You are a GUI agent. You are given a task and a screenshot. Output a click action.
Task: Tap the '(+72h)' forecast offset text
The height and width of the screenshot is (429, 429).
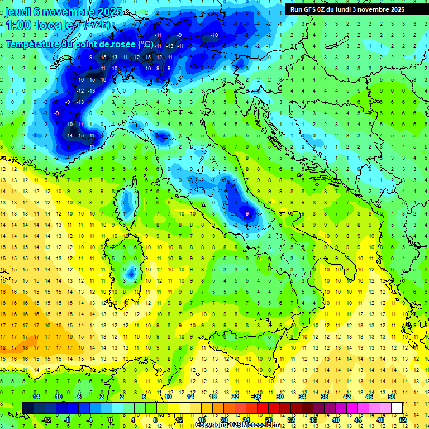[97, 25]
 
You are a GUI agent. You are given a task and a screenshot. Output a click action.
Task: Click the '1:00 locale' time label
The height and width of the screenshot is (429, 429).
[40, 25]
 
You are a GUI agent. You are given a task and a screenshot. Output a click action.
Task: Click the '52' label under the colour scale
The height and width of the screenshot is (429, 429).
[403, 420]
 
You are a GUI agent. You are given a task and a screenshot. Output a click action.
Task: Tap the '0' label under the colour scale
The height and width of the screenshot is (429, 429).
[111, 420]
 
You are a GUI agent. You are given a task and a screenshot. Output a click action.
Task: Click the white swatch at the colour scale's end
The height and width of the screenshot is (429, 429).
[397, 408]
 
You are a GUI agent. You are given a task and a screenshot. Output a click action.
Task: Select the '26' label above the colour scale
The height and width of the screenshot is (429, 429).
[258, 397]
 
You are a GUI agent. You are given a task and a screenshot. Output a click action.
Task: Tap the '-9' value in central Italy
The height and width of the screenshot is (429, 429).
[246, 213]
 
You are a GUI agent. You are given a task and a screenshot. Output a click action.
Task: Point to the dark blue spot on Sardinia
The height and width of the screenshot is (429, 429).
[131, 273]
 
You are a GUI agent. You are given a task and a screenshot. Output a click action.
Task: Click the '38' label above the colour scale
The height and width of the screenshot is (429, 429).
[325, 397]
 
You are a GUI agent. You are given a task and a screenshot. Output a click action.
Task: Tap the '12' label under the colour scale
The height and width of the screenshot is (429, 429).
[179, 420]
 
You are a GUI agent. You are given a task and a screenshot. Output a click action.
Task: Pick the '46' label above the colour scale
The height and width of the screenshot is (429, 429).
[369, 397]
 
